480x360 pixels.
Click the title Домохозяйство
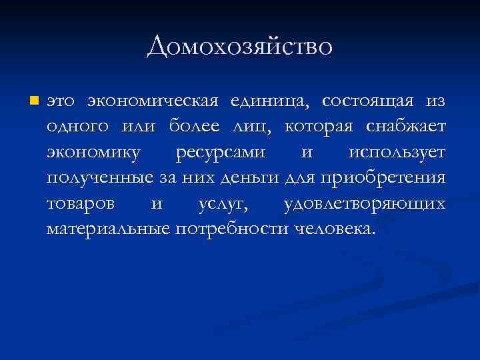(239, 47)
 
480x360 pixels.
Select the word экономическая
(153, 101)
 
